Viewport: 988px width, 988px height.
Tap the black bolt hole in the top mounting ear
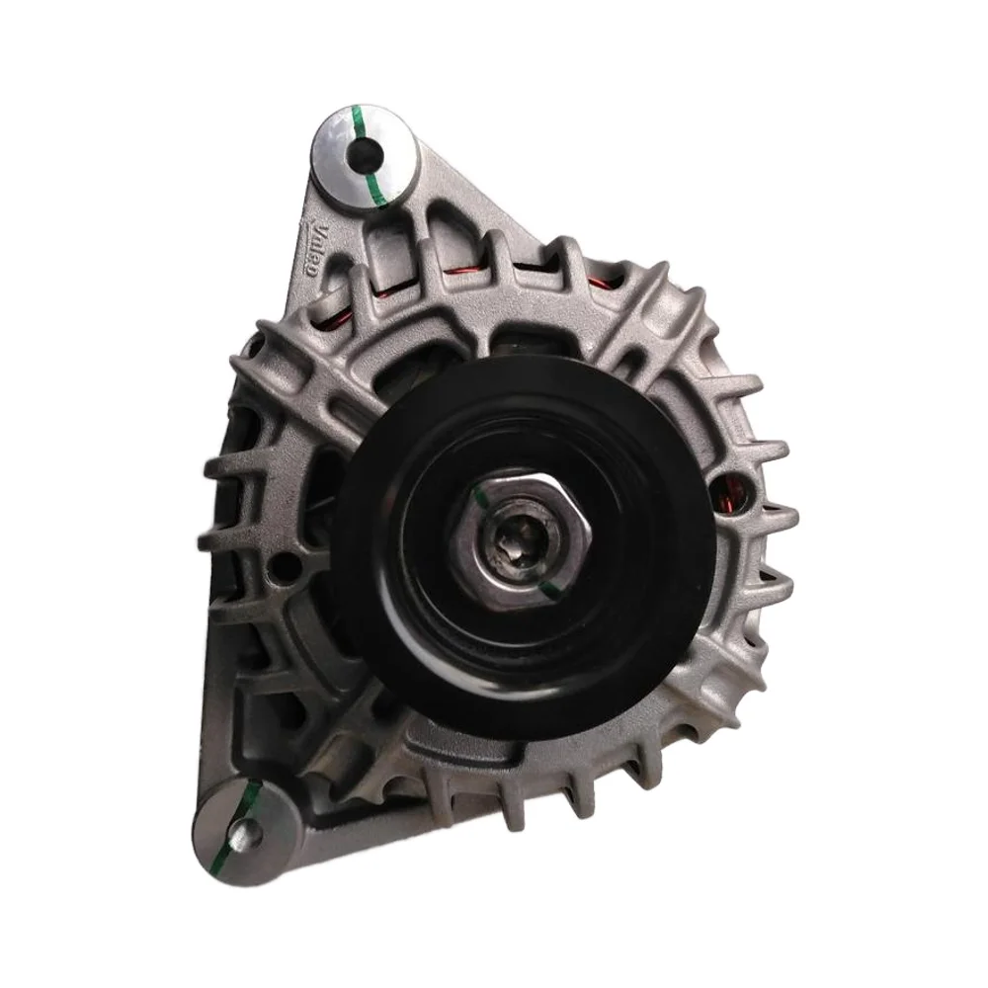(367, 151)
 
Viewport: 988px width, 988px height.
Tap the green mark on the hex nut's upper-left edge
(482, 498)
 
